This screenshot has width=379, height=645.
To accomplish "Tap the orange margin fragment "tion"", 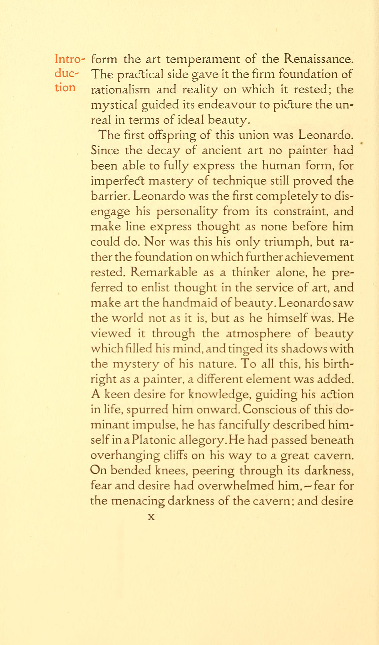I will [65, 88].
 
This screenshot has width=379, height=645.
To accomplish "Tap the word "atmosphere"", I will [258, 334].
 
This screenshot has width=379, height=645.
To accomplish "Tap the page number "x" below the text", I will [152, 517].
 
